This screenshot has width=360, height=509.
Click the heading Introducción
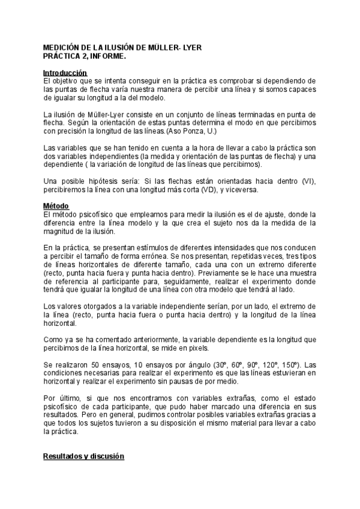65,73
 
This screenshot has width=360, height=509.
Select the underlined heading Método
56,206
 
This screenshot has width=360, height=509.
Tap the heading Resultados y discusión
83,456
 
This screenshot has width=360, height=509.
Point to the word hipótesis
96,181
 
